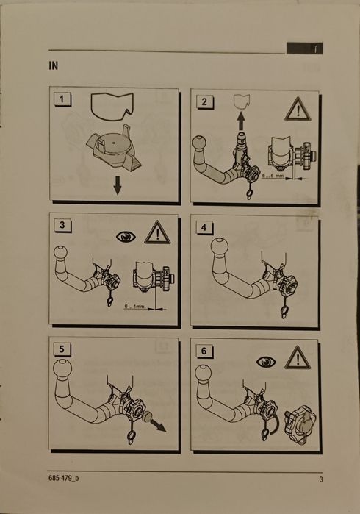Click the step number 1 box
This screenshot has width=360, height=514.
(x=62, y=99)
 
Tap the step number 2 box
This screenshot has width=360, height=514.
(x=204, y=101)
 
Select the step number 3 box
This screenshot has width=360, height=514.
(x=62, y=225)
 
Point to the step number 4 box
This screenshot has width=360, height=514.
(x=204, y=227)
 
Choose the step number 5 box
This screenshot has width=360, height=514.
(x=62, y=349)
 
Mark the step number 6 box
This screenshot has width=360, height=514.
(x=204, y=351)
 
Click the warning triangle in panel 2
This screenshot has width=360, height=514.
(x=298, y=109)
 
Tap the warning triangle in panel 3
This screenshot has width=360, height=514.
(x=157, y=232)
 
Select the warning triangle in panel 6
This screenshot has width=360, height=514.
(x=298, y=357)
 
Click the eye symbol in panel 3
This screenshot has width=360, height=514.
(x=126, y=236)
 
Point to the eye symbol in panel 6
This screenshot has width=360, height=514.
(x=266, y=363)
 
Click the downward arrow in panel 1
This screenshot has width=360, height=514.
(x=118, y=185)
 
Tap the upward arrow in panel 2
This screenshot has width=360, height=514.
(x=241, y=121)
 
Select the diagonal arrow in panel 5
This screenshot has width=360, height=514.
(x=158, y=426)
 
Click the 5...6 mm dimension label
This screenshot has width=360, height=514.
(x=273, y=176)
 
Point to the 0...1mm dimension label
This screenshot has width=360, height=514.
(x=134, y=306)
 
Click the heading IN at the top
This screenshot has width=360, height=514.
(x=53, y=66)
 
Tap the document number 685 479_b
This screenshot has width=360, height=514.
(x=63, y=478)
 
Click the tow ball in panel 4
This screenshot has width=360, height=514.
(x=220, y=246)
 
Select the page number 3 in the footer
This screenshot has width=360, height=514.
(x=321, y=479)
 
